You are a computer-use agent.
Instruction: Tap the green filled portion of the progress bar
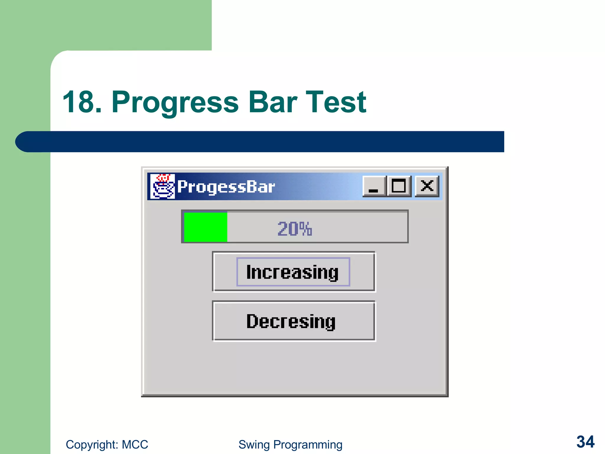pyautogui.click(x=206, y=227)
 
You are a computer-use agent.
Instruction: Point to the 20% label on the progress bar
pyautogui.click(x=295, y=229)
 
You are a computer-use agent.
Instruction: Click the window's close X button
pyautogui.click(x=427, y=186)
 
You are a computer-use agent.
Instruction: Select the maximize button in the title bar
pyautogui.click(x=399, y=186)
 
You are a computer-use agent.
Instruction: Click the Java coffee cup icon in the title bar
pyautogui.click(x=162, y=187)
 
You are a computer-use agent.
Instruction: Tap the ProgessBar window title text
pyautogui.click(x=226, y=187)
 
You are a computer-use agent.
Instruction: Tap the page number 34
pyautogui.click(x=585, y=442)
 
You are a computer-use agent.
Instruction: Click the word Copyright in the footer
pyautogui.click(x=92, y=445)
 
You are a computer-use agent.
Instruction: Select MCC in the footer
pyautogui.click(x=135, y=445)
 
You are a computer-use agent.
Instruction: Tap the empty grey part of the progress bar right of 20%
pyautogui.click(x=360, y=227)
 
